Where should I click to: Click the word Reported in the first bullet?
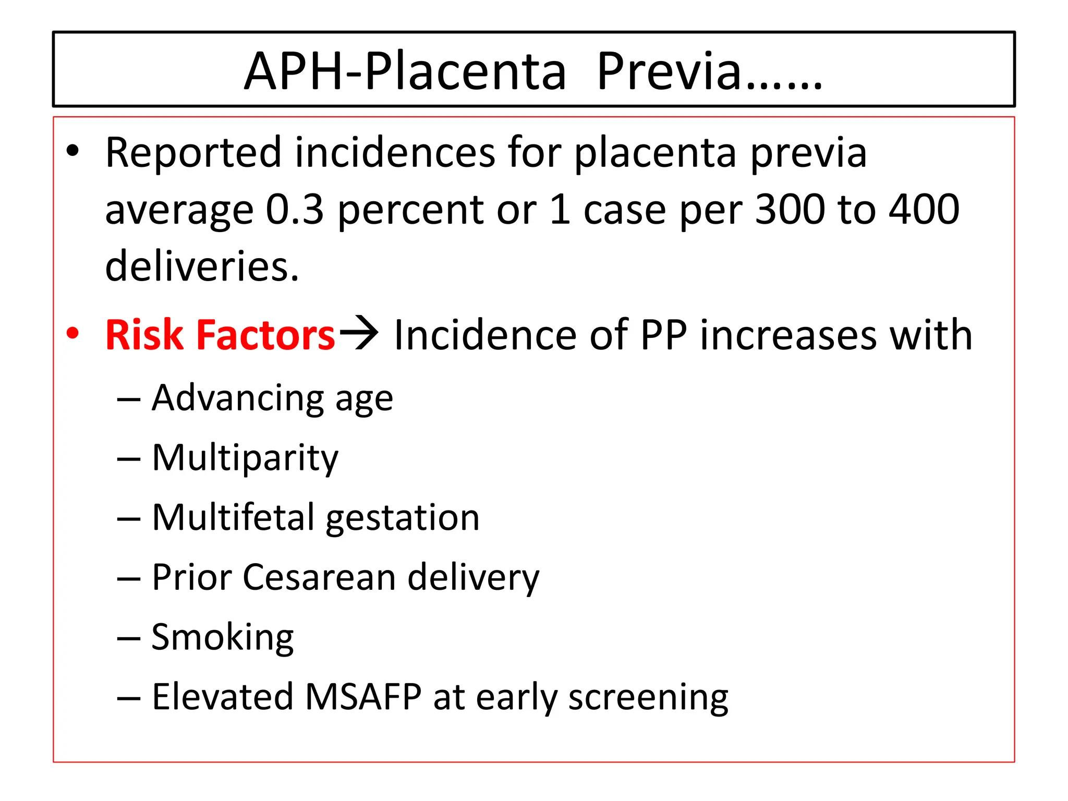[193, 152]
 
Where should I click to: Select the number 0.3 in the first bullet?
[295, 210]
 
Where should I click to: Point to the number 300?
[790, 210]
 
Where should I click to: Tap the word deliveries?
[202, 266]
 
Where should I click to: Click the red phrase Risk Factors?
[220, 335]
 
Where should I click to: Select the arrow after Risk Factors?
[359, 332]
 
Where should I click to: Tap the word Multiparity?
[245, 458]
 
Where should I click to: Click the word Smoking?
[223, 638]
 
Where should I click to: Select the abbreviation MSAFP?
[363, 697]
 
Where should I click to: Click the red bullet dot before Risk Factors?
[73, 333]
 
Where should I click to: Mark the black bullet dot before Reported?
[73, 151]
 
